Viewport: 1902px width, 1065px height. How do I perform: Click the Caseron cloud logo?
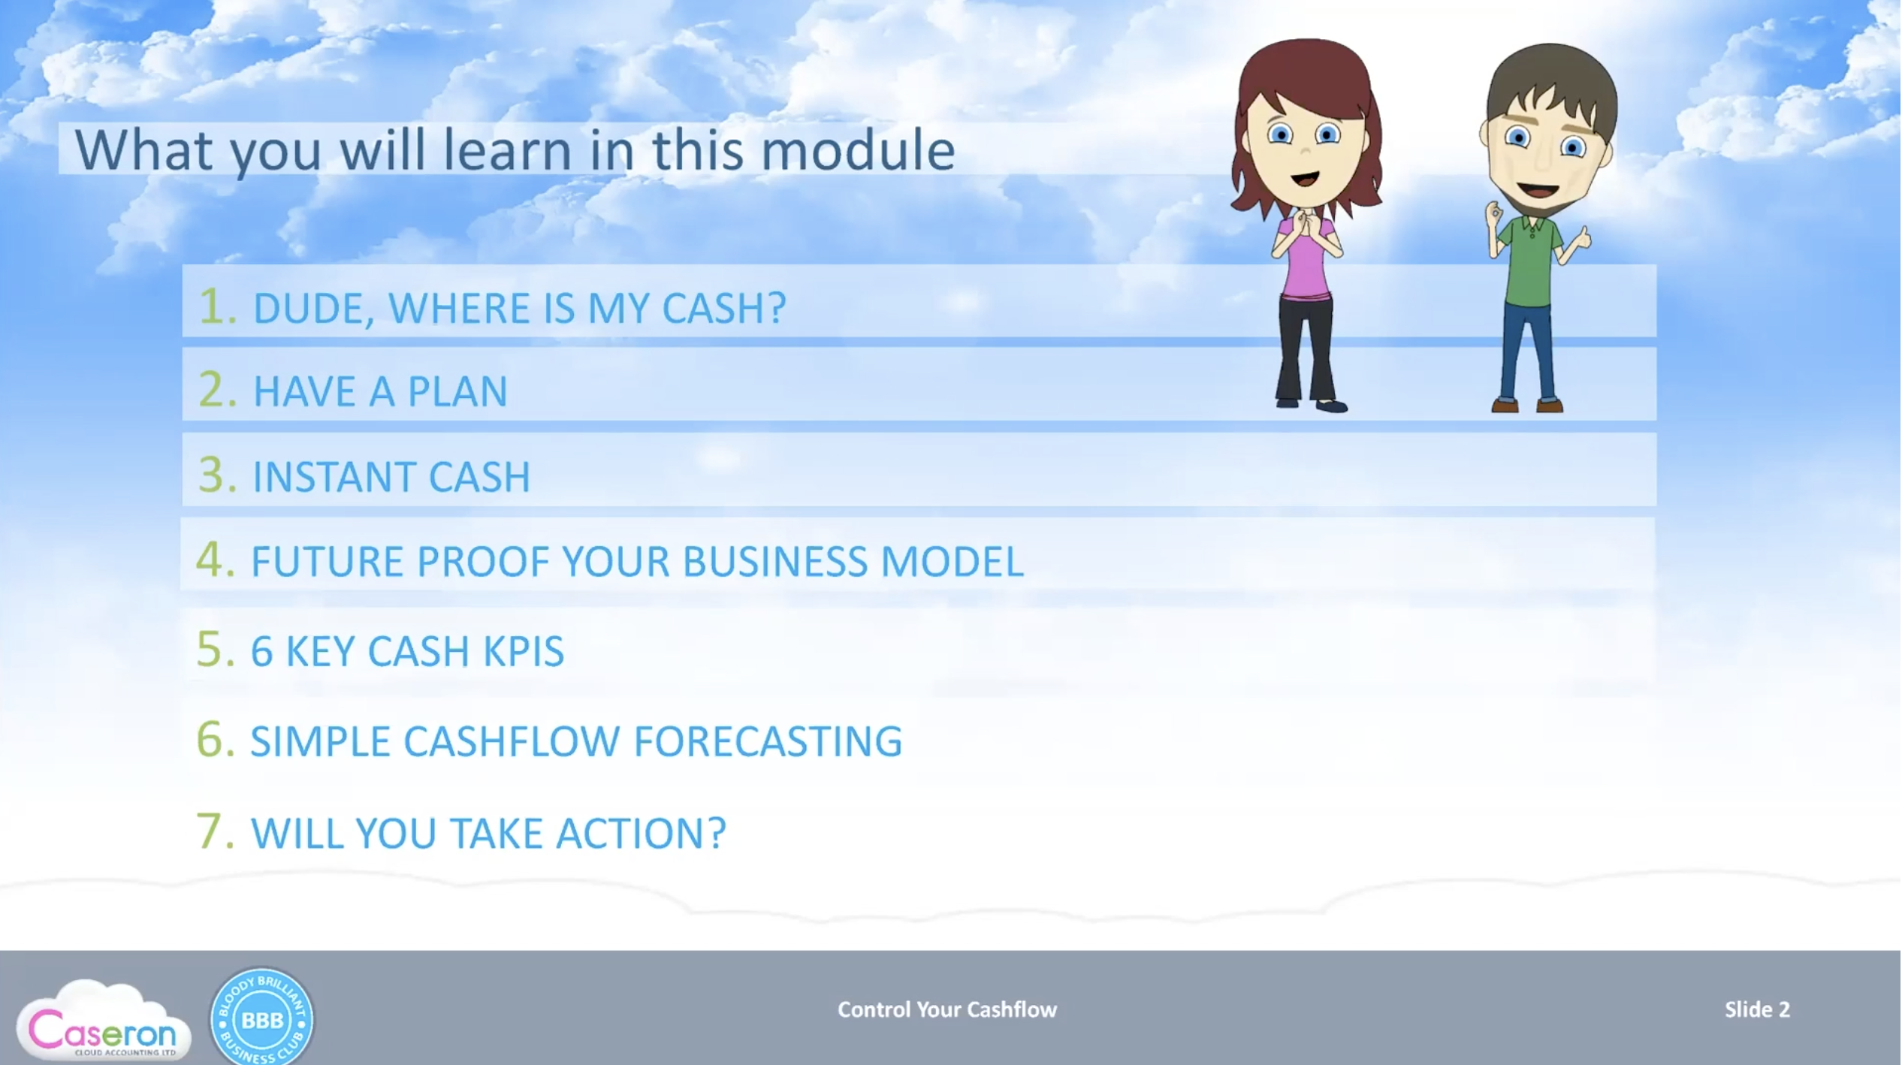104,1021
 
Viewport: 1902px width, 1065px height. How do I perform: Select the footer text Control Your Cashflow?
947,1009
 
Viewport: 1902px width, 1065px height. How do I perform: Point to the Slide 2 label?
1757,1009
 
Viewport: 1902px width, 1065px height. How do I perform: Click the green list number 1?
216,306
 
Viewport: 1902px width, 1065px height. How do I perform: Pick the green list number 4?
215,560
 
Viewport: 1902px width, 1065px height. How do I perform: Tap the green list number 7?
215,831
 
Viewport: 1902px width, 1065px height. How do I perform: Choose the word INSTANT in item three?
332,477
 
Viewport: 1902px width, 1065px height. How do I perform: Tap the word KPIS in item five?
523,651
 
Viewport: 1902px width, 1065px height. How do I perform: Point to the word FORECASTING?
768,742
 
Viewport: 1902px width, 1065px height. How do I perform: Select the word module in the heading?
858,150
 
